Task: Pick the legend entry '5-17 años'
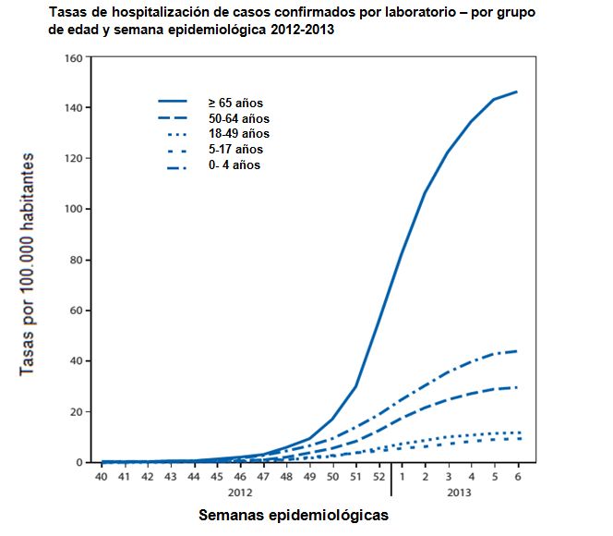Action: pos(232,150)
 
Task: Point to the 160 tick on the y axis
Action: pos(74,58)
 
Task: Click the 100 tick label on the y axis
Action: pos(74,210)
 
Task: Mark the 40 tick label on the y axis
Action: pos(77,361)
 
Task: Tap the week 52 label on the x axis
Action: pos(379,477)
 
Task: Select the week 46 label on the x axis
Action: pos(239,477)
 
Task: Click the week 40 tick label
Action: pos(101,477)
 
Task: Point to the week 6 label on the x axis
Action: pos(518,477)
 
